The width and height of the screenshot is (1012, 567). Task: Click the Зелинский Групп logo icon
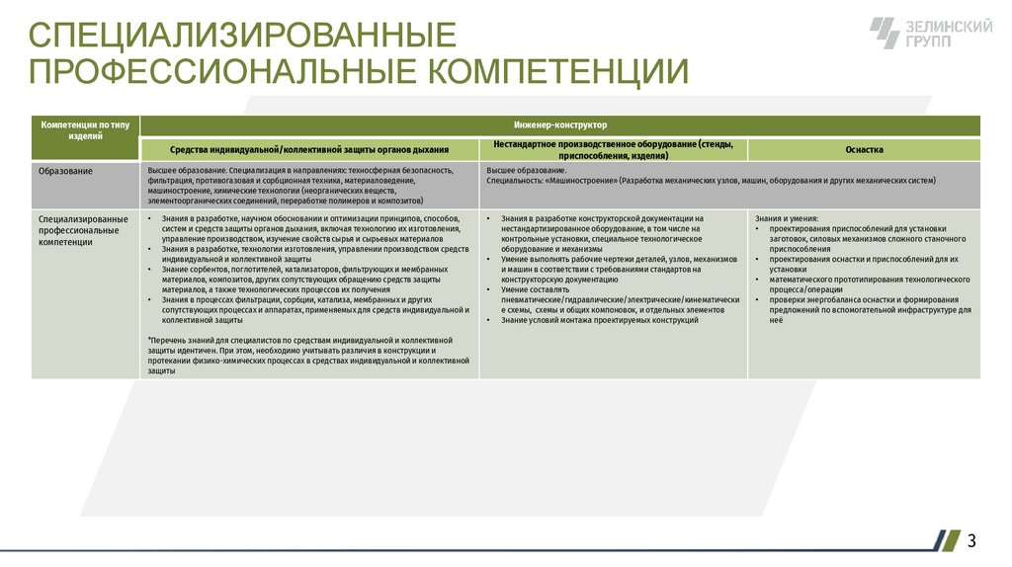(x=885, y=34)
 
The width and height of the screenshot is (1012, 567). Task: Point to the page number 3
(x=971, y=540)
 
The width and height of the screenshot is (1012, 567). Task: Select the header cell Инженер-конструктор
(x=560, y=125)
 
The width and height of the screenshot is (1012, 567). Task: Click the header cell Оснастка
(x=864, y=149)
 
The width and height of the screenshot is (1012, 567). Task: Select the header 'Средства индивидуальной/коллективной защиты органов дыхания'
(x=309, y=149)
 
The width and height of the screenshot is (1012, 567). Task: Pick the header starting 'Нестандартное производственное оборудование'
(x=613, y=149)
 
